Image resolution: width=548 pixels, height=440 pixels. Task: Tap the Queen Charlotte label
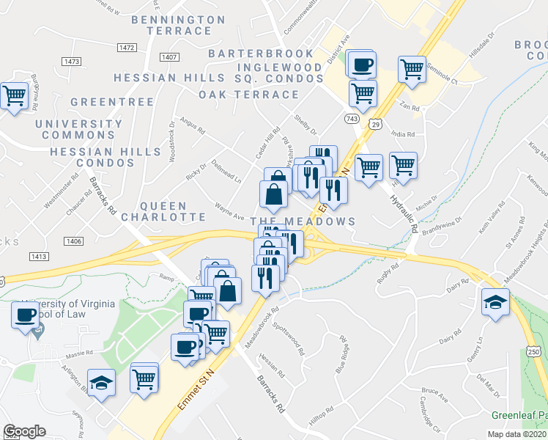click(163, 211)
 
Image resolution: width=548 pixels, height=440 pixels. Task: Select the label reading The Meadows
click(303, 221)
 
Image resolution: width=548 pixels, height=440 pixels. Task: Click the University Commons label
click(79, 130)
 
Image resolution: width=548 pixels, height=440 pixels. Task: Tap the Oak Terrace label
click(249, 95)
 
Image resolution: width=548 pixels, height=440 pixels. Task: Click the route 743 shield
click(353, 118)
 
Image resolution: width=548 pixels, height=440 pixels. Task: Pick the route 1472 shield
click(127, 48)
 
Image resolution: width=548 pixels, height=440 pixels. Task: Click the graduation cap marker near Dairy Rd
click(495, 301)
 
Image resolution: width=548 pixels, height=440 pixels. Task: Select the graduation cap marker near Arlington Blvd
click(101, 382)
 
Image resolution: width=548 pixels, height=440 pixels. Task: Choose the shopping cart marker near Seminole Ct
click(412, 70)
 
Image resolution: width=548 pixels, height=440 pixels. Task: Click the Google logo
click(24, 431)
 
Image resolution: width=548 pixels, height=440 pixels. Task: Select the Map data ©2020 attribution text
click(517, 433)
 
